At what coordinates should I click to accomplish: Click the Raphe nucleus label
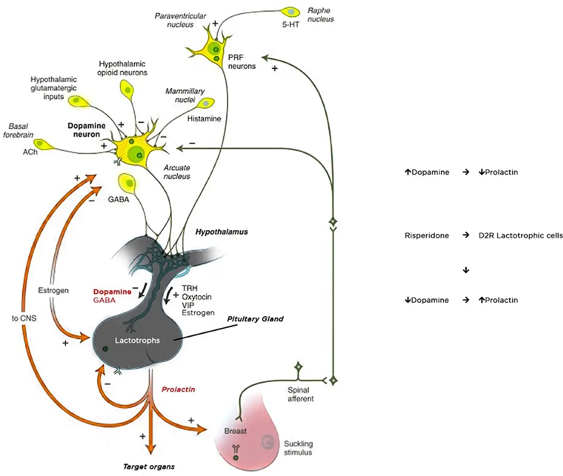[x=320, y=15]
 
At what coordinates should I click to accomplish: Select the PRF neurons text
[x=242, y=61]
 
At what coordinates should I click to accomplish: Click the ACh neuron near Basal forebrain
[x=41, y=144]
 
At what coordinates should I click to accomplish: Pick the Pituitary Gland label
[x=256, y=319]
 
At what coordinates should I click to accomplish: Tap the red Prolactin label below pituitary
[x=178, y=389]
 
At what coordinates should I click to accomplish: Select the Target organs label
[x=149, y=467]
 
